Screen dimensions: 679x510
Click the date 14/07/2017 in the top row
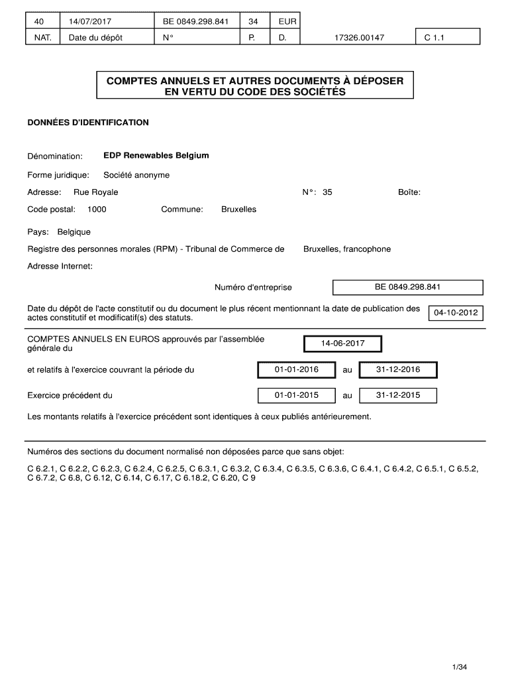(87, 22)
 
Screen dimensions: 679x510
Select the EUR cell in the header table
(287, 22)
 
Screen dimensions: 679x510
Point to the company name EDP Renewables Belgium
(156, 156)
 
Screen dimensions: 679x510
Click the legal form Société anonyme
(136, 175)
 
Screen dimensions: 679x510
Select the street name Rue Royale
(96, 192)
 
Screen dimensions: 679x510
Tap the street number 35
(327, 192)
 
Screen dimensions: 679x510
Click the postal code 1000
(97, 210)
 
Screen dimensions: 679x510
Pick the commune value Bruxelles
(238, 210)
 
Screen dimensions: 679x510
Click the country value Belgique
(74, 232)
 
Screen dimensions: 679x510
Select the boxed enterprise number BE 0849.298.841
(407, 287)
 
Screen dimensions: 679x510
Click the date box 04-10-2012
(456, 313)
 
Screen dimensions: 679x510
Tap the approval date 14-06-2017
(342, 344)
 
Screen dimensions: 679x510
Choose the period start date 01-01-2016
(297, 369)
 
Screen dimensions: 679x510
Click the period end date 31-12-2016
(398, 369)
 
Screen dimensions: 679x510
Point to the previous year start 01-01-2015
(297, 395)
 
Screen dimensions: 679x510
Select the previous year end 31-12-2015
(398, 395)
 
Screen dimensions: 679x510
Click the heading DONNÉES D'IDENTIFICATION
(88, 123)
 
